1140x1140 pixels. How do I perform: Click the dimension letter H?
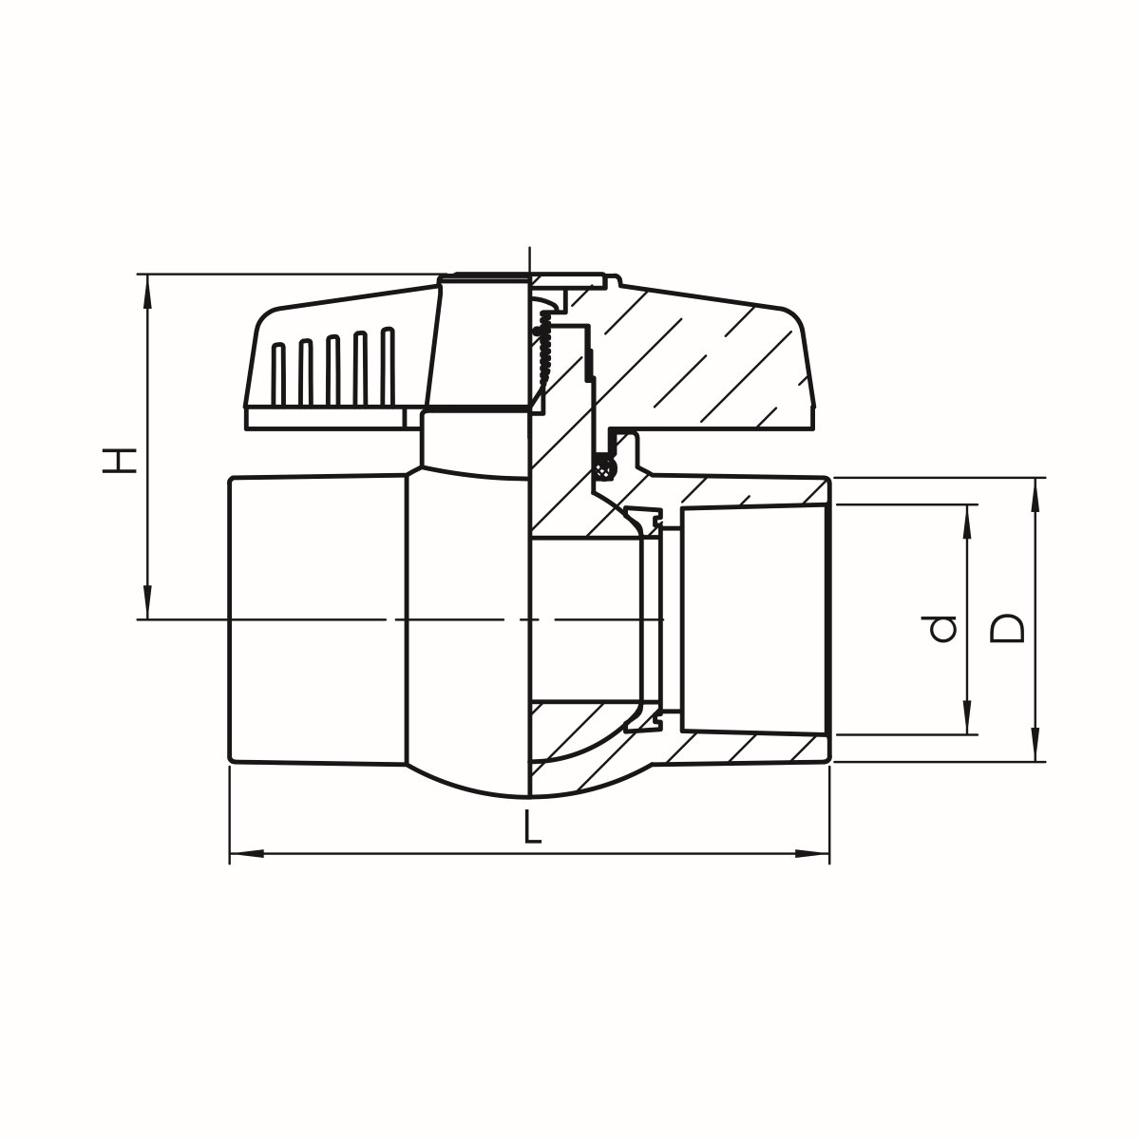click(x=122, y=461)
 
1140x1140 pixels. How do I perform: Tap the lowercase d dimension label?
click(x=943, y=628)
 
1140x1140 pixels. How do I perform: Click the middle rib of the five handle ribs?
click(x=333, y=366)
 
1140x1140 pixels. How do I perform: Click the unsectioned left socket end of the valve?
click(x=318, y=619)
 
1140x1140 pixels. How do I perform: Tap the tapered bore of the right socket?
click(x=750, y=619)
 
